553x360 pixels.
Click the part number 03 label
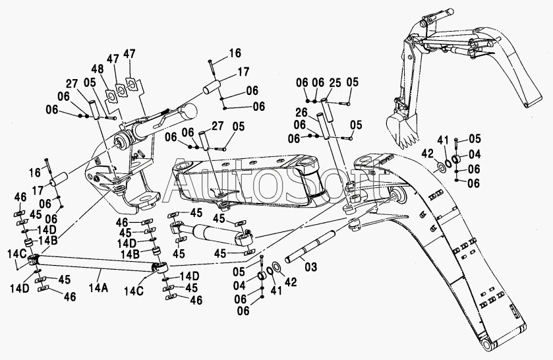click(310, 267)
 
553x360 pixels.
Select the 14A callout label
click(98, 289)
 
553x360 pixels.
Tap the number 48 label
click(98, 68)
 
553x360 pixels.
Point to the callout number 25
click(335, 83)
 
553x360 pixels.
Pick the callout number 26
click(301, 113)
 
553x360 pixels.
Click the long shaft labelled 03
click(310, 246)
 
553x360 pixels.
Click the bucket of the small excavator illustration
click(402, 129)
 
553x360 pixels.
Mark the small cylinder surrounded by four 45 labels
click(212, 233)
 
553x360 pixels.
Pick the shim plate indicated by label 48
click(111, 97)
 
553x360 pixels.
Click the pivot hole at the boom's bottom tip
click(484, 345)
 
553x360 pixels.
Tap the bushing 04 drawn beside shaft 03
click(261, 276)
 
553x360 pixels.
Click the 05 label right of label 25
click(351, 82)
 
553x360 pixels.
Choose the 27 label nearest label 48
click(73, 84)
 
